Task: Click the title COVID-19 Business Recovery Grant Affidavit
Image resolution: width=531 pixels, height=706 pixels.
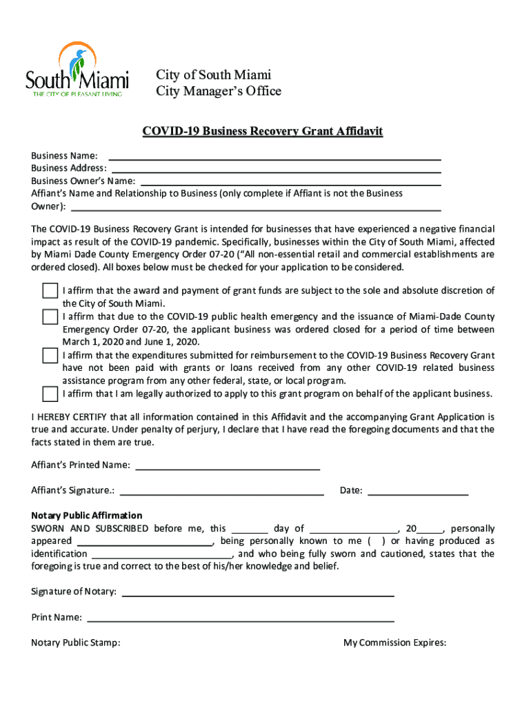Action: click(x=262, y=131)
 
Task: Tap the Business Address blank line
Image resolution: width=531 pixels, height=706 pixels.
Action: click(x=276, y=168)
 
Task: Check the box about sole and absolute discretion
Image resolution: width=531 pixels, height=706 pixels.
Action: click(x=50, y=291)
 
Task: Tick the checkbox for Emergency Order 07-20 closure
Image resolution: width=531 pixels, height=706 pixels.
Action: click(x=50, y=317)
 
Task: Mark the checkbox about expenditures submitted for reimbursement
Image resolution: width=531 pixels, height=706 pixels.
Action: click(x=50, y=356)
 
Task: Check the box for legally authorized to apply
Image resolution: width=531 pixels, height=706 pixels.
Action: click(x=50, y=394)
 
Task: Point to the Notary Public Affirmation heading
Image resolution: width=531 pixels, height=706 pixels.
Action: click(x=87, y=516)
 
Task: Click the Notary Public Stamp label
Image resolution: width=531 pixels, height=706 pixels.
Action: click(x=76, y=643)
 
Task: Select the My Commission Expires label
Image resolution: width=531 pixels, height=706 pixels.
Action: click(x=394, y=643)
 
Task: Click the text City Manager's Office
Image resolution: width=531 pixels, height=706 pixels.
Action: click(x=219, y=91)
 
